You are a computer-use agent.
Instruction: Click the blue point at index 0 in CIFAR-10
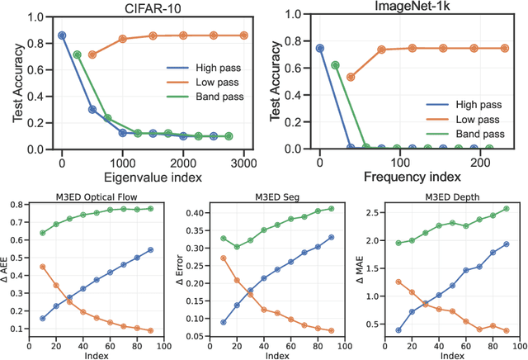coord(62,36)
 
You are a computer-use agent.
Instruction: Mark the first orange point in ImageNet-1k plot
coord(351,77)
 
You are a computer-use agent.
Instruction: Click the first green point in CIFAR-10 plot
coord(78,55)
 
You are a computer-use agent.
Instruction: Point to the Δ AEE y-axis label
coord(7,270)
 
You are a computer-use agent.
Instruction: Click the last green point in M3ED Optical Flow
coord(150,209)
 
